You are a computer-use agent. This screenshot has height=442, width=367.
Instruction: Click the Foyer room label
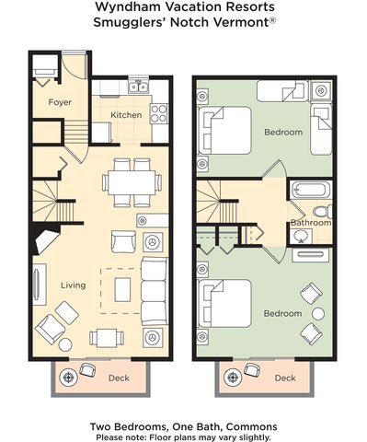[x=60, y=102]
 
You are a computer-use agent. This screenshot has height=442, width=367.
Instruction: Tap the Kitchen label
[x=126, y=115]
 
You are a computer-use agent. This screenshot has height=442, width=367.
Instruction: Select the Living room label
[x=73, y=285]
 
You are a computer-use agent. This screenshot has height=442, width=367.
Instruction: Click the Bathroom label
[x=311, y=223]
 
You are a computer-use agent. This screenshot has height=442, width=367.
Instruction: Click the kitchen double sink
[x=138, y=87]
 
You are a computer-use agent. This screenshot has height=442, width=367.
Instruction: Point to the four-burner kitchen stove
[x=159, y=114]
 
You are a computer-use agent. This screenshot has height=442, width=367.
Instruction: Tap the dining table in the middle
[x=132, y=182]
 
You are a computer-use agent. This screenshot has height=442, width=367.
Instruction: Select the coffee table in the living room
[x=122, y=289]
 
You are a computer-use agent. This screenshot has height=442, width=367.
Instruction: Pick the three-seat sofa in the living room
[x=154, y=291]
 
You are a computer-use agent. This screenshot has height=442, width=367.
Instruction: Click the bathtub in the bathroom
[x=311, y=190]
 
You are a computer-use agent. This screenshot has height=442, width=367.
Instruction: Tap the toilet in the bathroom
[x=322, y=211]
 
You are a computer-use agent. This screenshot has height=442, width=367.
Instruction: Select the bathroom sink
[x=301, y=236]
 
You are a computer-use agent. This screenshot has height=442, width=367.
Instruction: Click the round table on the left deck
[x=68, y=377]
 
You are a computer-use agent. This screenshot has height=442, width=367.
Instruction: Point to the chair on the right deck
[x=252, y=370]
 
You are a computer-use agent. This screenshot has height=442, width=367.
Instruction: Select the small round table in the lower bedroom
[x=318, y=314]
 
